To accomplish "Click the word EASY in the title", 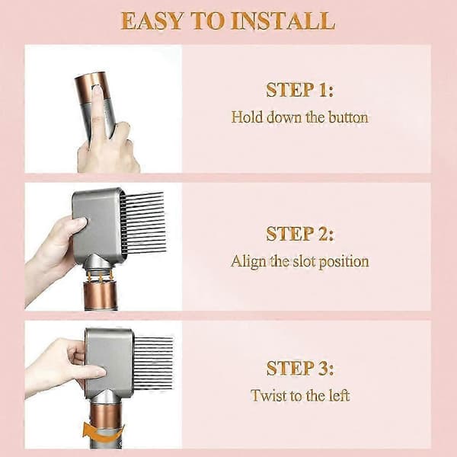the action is pyautogui.click(x=152, y=21).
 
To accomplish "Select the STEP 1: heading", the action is pyautogui.click(x=299, y=90).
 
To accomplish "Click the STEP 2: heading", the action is pyautogui.click(x=299, y=234).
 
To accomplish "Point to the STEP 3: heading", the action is pyautogui.click(x=299, y=368).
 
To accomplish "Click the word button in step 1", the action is pyautogui.click(x=348, y=117).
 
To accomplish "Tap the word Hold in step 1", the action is pyautogui.click(x=247, y=117).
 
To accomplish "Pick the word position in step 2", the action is pyautogui.click(x=344, y=262).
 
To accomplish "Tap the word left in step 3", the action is pyautogui.click(x=339, y=395).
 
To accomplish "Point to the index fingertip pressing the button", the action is pyautogui.click(x=97, y=89).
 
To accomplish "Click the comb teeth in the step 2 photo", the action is pyautogui.click(x=142, y=222).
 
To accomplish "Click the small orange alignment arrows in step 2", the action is pyautogui.click(x=101, y=276).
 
